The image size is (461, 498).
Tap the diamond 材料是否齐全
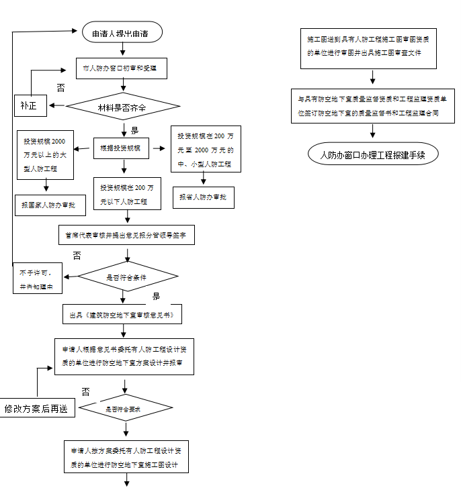click(123, 106)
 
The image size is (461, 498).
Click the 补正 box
click(30, 105)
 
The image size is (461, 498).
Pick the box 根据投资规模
click(120, 148)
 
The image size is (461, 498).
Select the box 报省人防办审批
click(204, 197)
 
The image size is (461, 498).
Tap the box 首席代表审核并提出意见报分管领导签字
click(126, 234)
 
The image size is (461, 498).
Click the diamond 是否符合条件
click(127, 277)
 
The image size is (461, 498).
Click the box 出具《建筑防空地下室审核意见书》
click(122, 314)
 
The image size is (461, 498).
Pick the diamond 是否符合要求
click(126, 408)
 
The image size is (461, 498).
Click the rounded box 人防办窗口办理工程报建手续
click(373, 154)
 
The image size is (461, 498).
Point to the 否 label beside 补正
click(61, 88)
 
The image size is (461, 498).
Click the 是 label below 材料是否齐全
click(134, 130)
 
